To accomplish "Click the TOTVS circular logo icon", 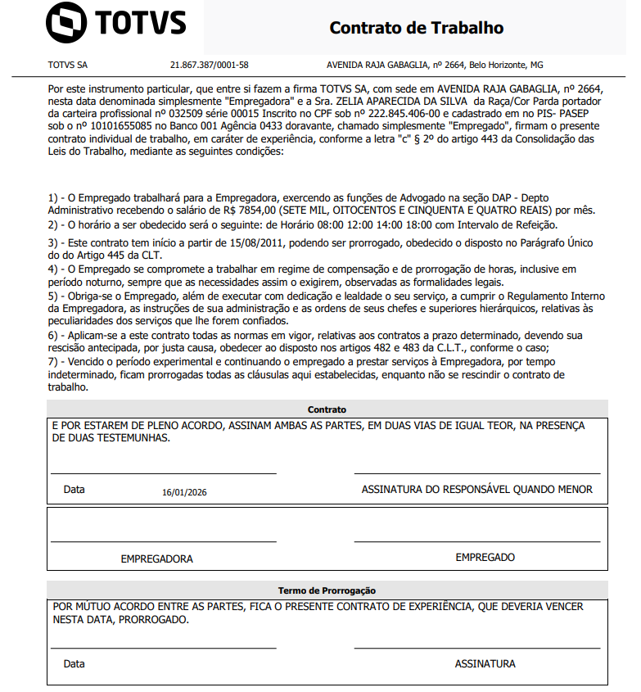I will click(x=65, y=23).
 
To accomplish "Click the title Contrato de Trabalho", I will click(x=416, y=28).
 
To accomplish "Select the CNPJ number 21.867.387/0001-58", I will click(x=210, y=65).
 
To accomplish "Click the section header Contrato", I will click(x=327, y=409).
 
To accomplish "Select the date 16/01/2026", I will click(x=184, y=492).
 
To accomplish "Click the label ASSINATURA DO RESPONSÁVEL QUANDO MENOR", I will click(x=476, y=490).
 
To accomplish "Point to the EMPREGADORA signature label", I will click(x=156, y=559).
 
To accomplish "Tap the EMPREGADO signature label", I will click(x=485, y=558).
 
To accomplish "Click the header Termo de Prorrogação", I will click(x=327, y=590).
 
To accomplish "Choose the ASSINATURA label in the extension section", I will click(x=485, y=664).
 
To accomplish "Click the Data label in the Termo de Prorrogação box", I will click(x=74, y=664).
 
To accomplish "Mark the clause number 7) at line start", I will click(x=54, y=360).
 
